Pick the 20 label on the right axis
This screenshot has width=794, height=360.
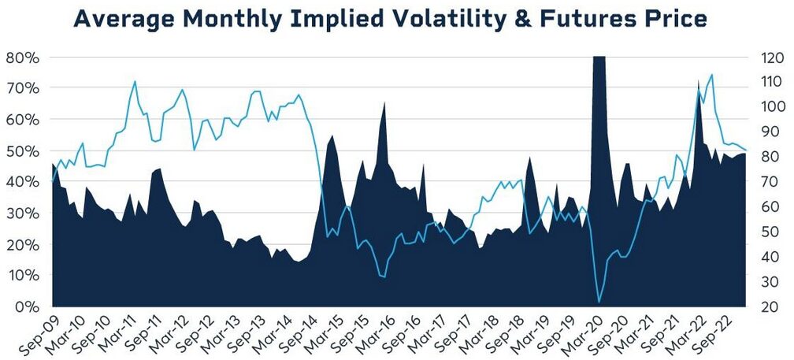click(769, 306)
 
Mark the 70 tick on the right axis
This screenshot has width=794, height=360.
click(769, 182)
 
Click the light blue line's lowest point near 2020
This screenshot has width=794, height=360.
click(599, 302)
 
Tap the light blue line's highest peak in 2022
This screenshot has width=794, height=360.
click(711, 75)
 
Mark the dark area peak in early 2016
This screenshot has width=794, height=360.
click(384, 103)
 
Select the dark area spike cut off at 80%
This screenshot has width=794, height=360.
click(599, 59)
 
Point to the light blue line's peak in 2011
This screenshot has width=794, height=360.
click(135, 81)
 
